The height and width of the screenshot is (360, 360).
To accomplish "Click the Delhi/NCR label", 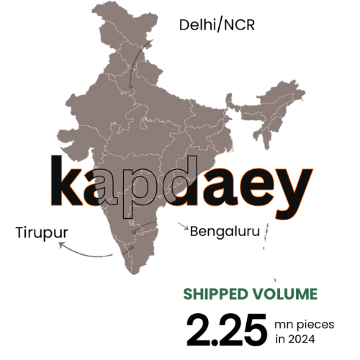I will [x=217, y=26].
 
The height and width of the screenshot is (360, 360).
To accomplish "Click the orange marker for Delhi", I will [x=130, y=86].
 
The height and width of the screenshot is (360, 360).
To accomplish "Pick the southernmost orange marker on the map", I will [x=131, y=248].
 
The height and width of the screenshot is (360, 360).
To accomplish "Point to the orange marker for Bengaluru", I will [x=134, y=232].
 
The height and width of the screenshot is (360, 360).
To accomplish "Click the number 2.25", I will [x=225, y=328].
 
